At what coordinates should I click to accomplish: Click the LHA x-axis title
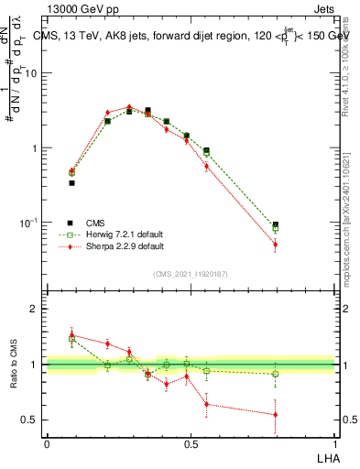[327, 457]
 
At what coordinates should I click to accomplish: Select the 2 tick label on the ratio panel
[35, 309]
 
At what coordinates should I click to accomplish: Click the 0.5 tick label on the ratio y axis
[30, 420]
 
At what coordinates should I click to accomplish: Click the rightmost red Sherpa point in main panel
[275, 245]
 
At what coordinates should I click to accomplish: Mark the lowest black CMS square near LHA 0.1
[71, 182]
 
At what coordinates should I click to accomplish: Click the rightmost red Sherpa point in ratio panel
[275, 415]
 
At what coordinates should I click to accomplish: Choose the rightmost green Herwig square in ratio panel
[275, 374]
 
